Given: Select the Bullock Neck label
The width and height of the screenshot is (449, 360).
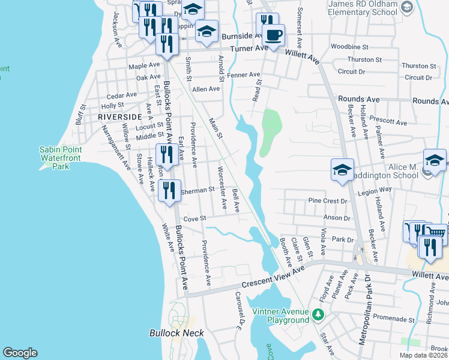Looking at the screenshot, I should point(176,333).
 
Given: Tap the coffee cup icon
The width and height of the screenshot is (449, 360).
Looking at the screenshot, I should point(274,35).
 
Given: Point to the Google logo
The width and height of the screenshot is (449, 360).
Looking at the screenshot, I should point(20,353).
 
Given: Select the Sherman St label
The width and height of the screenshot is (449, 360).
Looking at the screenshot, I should point(197,190).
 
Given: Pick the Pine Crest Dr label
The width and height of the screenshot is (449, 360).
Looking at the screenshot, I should point(327,201).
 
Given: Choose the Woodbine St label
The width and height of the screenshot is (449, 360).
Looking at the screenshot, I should point(348,46).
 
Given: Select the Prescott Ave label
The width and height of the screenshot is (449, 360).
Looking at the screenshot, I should point(388,122).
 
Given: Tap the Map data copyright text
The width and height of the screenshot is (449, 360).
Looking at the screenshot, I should point(423,355).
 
